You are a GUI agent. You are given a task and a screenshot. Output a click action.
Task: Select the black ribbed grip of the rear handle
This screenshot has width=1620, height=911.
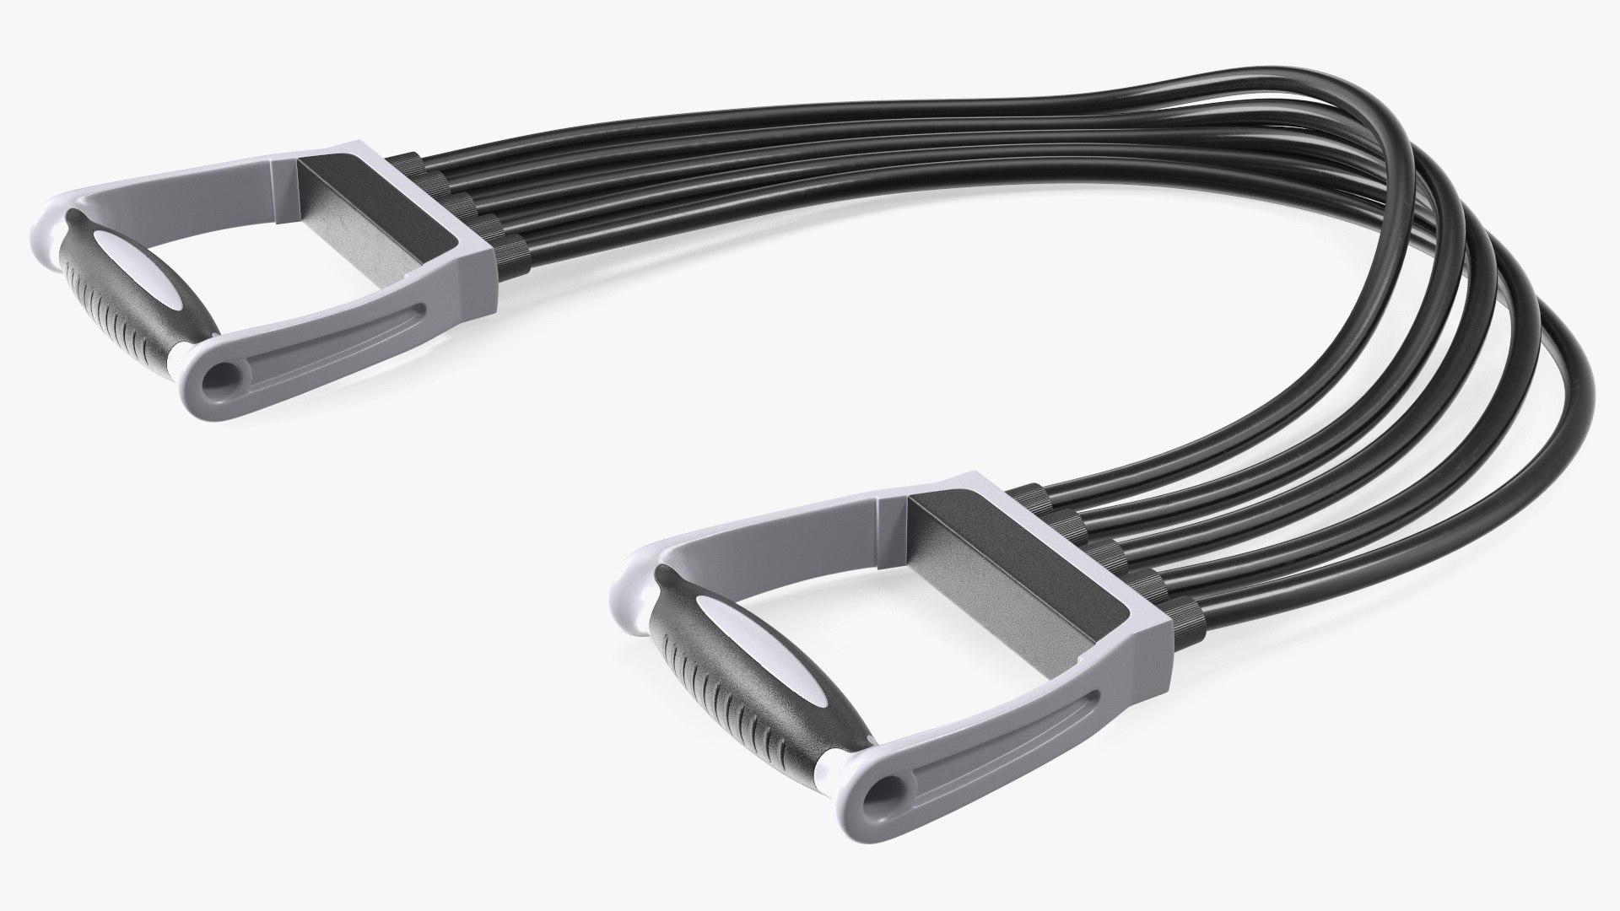click(135, 308)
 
